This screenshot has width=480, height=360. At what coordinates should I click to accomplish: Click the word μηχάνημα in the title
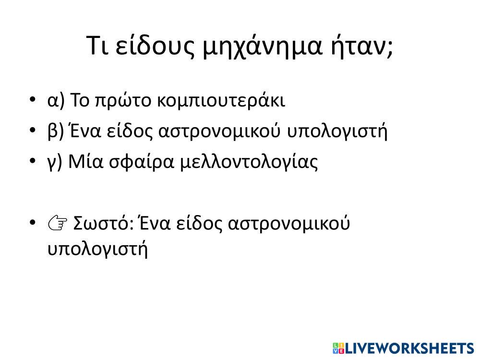pyautogui.click(x=263, y=47)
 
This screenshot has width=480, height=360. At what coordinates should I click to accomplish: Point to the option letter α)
pyautogui.click(x=56, y=100)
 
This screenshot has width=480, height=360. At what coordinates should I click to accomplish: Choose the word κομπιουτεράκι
pyautogui.click(x=221, y=101)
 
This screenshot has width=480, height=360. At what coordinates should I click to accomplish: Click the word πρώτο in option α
pyautogui.click(x=123, y=101)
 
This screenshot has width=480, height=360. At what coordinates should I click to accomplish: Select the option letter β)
pyautogui.click(x=56, y=131)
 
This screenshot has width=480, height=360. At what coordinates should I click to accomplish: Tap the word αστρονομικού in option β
pyautogui.click(x=219, y=132)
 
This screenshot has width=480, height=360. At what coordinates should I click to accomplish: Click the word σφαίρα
pyautogui.click(x=142, y=162)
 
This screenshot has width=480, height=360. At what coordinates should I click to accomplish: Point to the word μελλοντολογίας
pyautogui.click(x=249, y=162)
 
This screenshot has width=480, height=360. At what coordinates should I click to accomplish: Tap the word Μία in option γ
pyautogui.click(x=86, y=161)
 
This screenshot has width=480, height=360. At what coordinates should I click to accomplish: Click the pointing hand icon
pyautogui.click(x=58, y=223)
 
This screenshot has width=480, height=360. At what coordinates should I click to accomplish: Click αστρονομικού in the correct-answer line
pyautogui.click(x=288, y=224)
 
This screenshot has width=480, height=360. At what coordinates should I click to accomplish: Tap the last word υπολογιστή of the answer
pyautogui.click(x=97, y=249)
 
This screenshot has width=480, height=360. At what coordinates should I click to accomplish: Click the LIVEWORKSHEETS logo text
pyautogui.click(x=404, y=348)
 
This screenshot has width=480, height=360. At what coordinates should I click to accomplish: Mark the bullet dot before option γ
pyautogui.click(x=33, y=161)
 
